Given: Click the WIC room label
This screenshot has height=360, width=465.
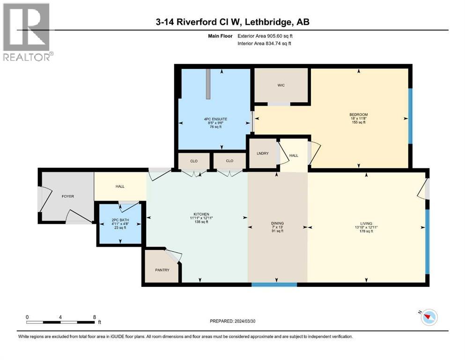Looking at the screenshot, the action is tap(281, 85).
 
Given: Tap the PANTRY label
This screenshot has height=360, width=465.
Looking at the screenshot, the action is tap(162, 270).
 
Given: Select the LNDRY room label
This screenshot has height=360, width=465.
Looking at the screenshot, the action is tap(262, 153).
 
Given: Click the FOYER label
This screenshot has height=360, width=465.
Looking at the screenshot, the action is tap(67, 196).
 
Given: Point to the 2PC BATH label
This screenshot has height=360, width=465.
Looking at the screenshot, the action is tap(120, 220).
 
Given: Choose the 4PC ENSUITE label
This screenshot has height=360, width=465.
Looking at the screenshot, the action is tap(215, 119).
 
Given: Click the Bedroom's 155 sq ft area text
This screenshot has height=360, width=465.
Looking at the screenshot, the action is tap(359, 122).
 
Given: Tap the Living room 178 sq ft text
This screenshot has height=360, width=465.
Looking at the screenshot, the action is tap(366, 231).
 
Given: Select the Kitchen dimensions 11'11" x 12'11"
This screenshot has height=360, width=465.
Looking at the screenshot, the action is tap(201, 218).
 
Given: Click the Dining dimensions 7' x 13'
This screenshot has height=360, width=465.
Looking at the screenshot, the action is tap(277, 227).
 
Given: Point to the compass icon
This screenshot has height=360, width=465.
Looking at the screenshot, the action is tap(429, 317).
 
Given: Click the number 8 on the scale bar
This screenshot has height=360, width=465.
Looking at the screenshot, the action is tap(95, 317).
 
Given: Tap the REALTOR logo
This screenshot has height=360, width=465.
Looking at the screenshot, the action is tap(27, 32).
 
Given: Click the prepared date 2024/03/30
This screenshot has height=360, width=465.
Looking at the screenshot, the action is tap(244, 321).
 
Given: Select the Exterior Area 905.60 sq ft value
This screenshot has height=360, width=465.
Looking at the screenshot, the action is tap(265, 36).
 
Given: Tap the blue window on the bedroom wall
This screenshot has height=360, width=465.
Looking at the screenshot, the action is tap(410, 116).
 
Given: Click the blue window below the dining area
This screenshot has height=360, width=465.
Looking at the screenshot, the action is tap(274, 285).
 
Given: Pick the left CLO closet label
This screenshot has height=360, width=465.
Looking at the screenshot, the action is tap(194, 161).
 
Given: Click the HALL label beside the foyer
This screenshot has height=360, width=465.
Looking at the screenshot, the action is tap(120, 187).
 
